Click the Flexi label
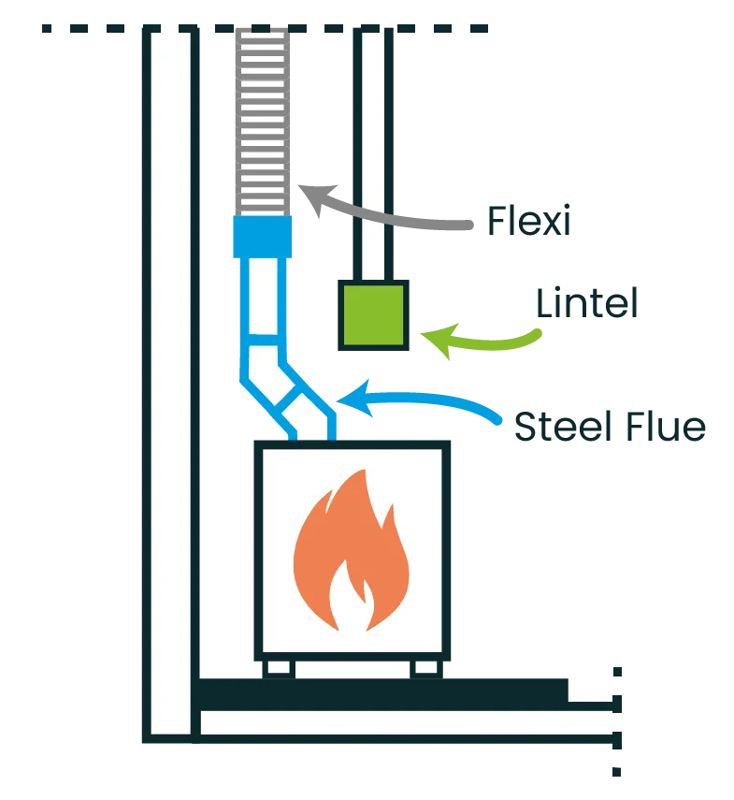tap(530, 222)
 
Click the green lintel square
tap(373, 314)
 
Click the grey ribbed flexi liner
tap(262, 122)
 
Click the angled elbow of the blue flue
tap(281, 388)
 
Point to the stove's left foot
tap(281, 668)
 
